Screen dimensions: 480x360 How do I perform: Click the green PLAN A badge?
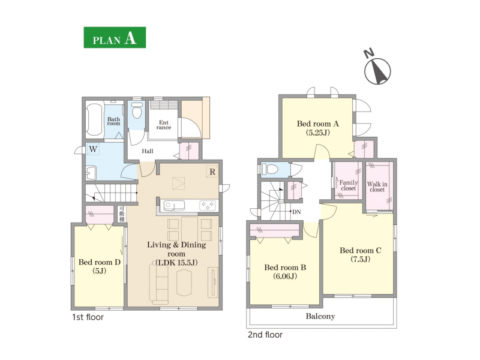115,37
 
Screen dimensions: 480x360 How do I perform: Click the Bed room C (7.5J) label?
361,254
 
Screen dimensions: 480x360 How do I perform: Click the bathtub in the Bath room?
94,121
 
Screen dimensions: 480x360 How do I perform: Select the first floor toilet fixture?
137,110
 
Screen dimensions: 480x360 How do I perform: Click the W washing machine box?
94,149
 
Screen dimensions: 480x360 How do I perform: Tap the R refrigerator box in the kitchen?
212,172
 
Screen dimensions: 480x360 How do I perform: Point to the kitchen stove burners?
208,205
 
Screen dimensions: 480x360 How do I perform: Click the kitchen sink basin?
174,205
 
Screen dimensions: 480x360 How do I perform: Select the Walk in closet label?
377,187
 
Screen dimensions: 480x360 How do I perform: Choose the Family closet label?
349,185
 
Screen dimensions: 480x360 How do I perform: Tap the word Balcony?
320,316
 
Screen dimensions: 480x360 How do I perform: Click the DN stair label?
296,212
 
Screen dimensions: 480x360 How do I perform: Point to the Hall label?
147,151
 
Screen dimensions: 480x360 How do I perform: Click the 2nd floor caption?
265,335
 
